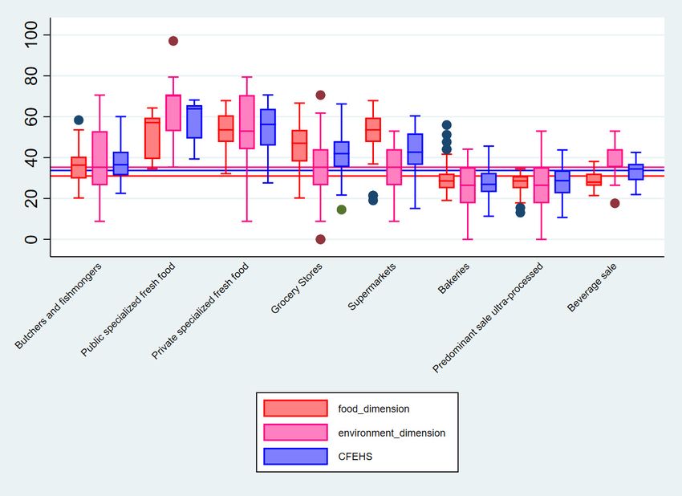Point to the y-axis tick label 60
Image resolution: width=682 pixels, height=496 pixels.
point(32,117)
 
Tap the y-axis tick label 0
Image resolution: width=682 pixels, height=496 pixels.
point(32,239)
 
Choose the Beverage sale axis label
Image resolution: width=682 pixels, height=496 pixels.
point(583,291)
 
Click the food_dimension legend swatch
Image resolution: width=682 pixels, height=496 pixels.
point(295,409)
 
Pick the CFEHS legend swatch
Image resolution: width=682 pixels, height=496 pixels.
point(295,456)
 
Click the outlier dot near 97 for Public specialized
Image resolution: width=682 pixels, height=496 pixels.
point(173,41)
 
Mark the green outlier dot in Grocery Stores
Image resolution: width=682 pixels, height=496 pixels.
point(341,209)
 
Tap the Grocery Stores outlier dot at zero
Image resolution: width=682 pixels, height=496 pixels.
point(320,239)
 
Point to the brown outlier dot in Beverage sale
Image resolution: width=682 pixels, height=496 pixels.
point(615,203)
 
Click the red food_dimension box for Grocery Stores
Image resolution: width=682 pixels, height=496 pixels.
point(299,145)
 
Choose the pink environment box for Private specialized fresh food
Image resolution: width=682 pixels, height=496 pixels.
point(247,122)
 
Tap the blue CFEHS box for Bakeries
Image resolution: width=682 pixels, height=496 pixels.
point(489,182)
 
